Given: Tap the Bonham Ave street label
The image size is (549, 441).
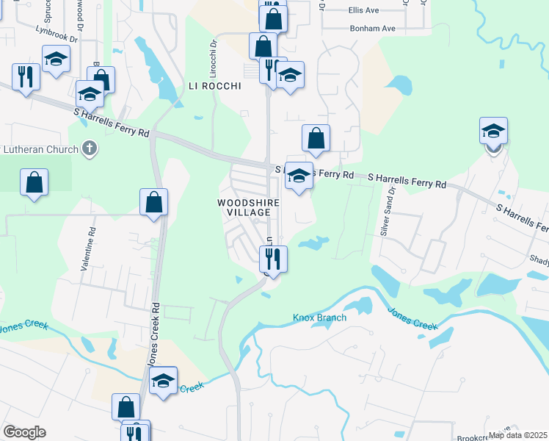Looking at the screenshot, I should [x=372, y=28].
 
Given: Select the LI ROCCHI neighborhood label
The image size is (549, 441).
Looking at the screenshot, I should [x=214, y=86].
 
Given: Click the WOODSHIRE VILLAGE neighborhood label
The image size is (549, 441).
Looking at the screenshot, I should [x=244, y=207].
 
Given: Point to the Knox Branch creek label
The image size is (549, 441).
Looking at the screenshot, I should [x=320, y=318].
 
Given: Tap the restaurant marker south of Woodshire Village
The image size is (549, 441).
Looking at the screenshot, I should [x=272, y=258].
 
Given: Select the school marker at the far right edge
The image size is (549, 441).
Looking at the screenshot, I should [x=493, y=132].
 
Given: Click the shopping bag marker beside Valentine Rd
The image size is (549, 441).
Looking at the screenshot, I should [x=153, y=201].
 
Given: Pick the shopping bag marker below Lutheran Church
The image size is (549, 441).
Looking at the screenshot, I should [x=34, y=182].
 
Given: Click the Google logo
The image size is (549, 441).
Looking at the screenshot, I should [x=24, y=432].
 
